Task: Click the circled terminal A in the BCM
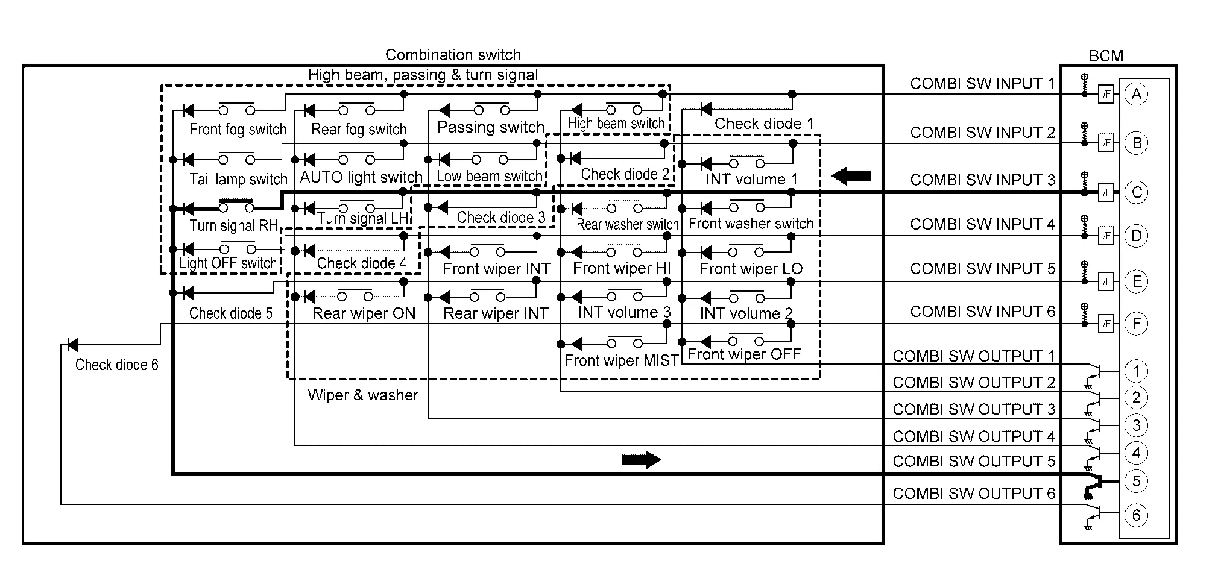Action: pos(1137,95)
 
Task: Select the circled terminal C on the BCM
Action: pos(1137,193)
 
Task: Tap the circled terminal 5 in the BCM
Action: pos(1137,482)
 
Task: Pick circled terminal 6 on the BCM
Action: pos(1137,515)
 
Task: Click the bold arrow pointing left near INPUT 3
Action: pos(851,176)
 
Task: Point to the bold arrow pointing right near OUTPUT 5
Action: pos(642,460)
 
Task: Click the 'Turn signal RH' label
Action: pos(234,226)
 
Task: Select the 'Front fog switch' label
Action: pos(238,130)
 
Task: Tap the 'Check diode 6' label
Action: pos(117,365)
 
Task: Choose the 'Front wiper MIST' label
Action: pos(622,360)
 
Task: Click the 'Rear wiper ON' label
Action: pos(364,313)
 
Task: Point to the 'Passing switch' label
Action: pos(491,128)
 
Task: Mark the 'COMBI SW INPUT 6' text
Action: pos(983,312)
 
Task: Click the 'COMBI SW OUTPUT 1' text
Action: pos(974,356)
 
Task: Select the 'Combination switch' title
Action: pos(453,55)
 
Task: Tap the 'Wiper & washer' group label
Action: pos(363,395)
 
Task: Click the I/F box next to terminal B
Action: pos(1106,143)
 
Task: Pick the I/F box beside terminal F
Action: pos(1106,324)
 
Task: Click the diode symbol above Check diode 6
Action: pos(72,345)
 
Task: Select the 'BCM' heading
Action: pos(1106,56)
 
